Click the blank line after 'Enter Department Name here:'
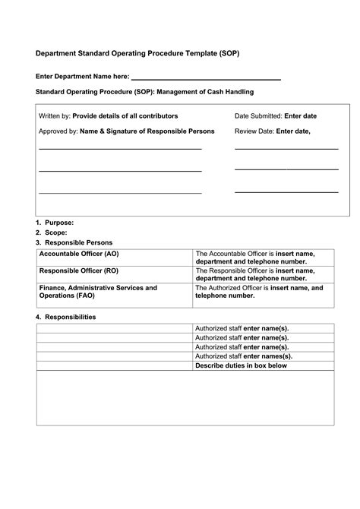pos(206,77)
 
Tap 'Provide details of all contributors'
pos(125,116)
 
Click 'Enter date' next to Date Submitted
pos(300,116)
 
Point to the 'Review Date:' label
pos(254,131)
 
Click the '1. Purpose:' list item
pos(55,223)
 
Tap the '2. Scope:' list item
pos(52,232)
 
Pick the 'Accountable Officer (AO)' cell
pos(79,254)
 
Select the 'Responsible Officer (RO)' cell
pos(78,270)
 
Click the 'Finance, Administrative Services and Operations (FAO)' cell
pos(98,292)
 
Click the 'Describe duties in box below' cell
pos(242,365)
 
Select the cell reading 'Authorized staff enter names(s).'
pos(244,356)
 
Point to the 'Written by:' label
pos(55,116)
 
